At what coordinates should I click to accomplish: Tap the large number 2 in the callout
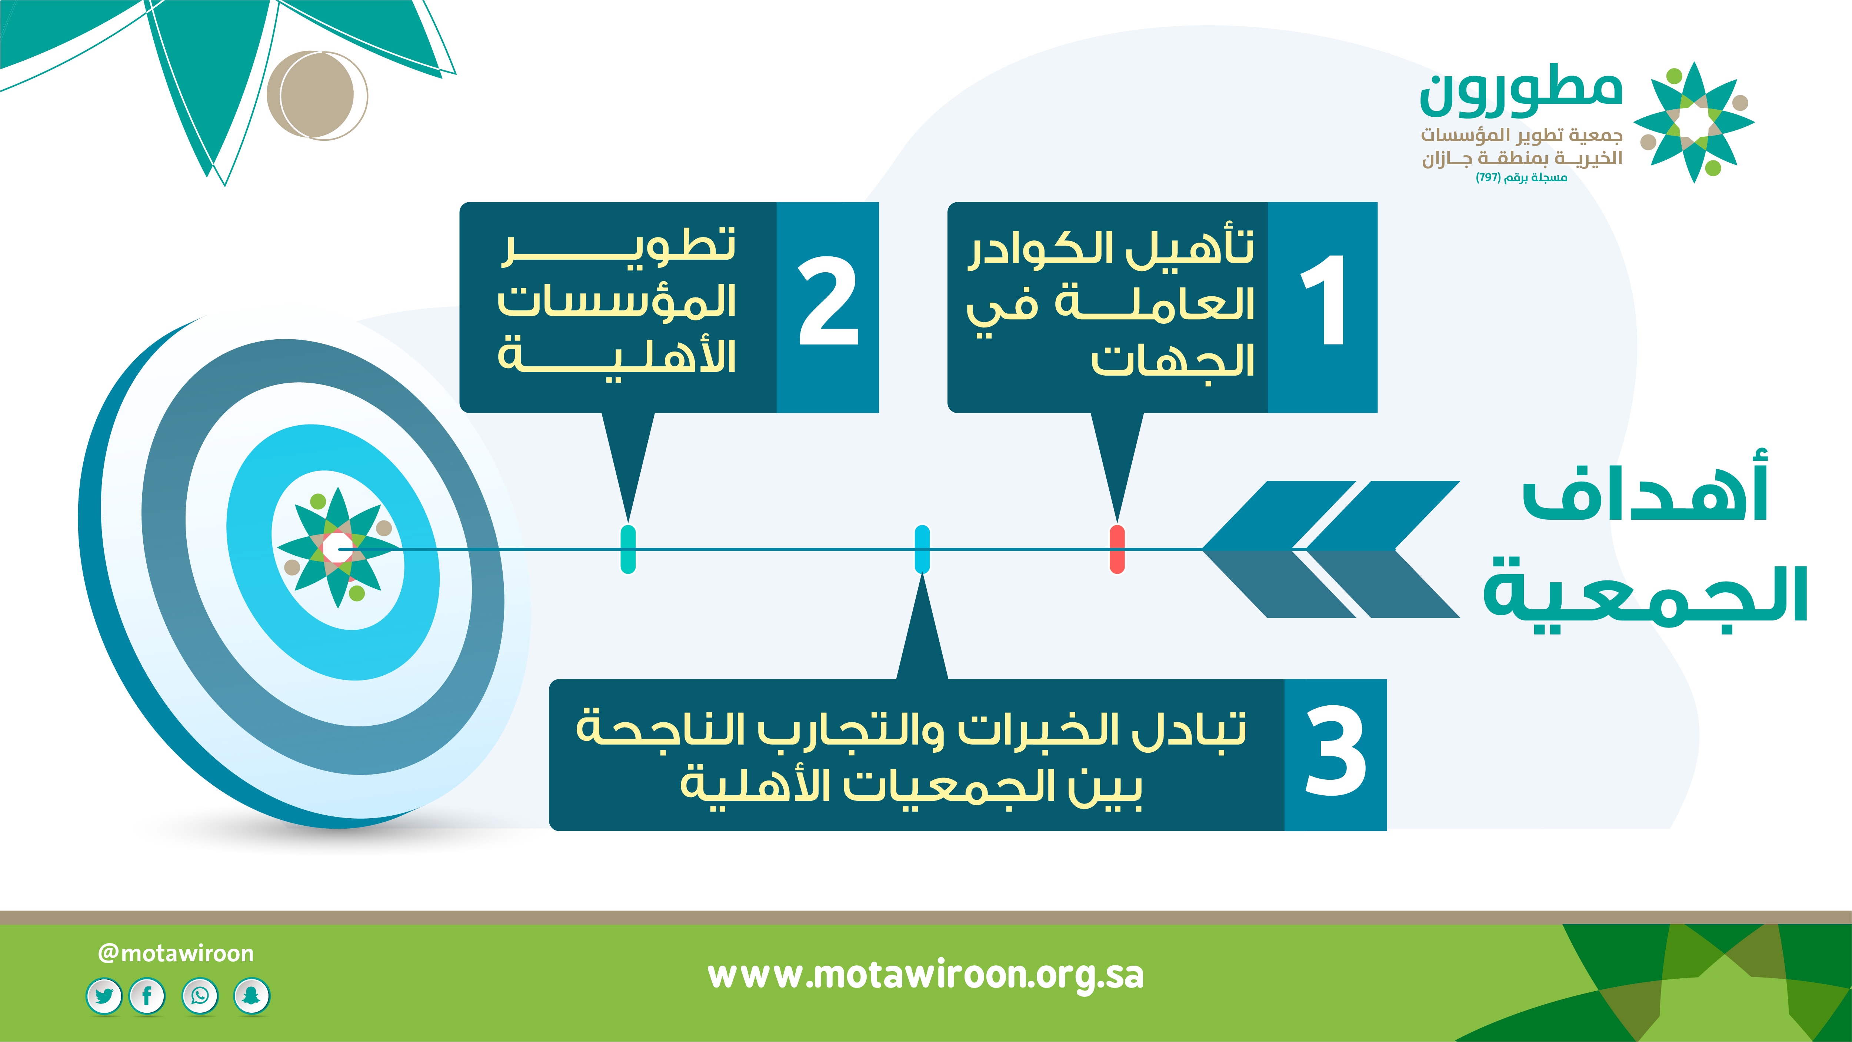[828, 300]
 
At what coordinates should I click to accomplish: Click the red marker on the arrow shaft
[1117, 549]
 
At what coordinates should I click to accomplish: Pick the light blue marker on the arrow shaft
[922, 549]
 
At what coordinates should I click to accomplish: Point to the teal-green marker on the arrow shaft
[627, 549]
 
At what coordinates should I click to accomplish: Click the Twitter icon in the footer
[104, 996]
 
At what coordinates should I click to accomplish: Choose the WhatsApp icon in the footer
[200, 996]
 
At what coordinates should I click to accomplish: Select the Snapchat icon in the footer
[252, 996]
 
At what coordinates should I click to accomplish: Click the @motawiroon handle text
[176, 953]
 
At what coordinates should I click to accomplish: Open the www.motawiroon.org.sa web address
[925, 976]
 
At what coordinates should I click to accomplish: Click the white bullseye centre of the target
[336, 549]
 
